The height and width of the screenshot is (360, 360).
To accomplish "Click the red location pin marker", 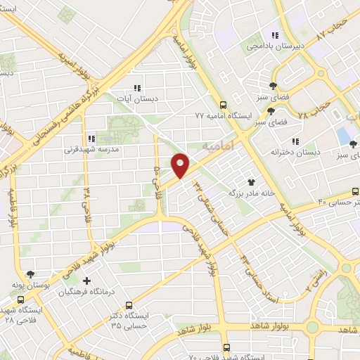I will pos(181,165).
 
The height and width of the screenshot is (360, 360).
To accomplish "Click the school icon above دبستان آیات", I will pos(137,88).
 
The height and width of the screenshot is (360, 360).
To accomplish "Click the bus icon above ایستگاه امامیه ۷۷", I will pos(223,102).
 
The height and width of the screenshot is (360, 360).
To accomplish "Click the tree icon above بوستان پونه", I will pos(30,274).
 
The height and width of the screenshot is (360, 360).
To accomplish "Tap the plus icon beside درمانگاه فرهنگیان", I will pos(87,281).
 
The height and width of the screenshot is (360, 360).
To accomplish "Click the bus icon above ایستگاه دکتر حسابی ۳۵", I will pos(129,305).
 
